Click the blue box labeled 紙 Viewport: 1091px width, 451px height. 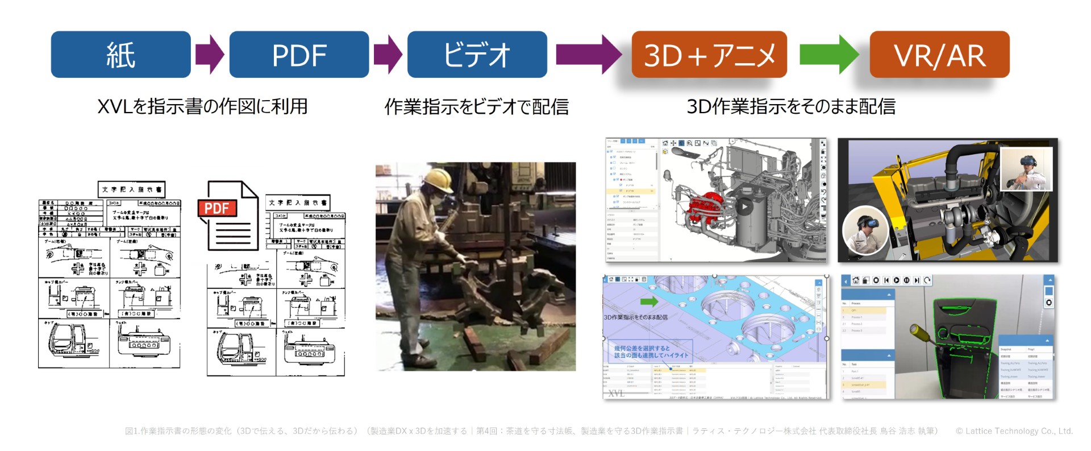coord(120,55)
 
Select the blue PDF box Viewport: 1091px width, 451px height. coord(299,55)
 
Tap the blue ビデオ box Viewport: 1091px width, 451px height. coord(477,55)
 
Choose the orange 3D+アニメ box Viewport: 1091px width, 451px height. coord(709,55)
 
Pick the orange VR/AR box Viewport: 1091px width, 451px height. coord(939,55)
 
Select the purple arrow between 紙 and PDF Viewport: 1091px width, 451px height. coord(210,55)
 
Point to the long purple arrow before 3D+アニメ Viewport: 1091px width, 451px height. coord(588,55)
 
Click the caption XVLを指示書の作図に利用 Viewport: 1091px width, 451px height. coord(202,106)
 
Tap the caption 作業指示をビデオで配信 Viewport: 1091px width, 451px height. coord(476,106)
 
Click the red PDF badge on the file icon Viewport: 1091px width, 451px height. coord(216,208)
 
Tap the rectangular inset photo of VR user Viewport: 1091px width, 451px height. coord(1026,169)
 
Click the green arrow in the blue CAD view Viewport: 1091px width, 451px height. coord(648,301)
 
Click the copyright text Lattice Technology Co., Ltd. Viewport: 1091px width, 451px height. coord(1014,431)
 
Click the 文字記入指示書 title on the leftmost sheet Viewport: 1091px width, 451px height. coord(131,189)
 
